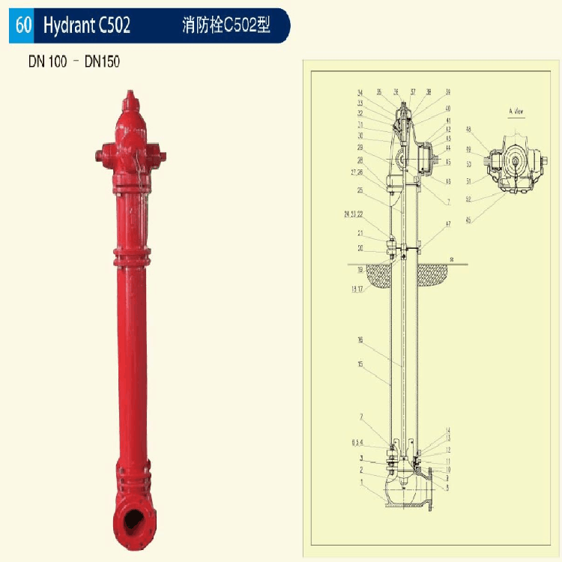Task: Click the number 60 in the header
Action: (23, 25)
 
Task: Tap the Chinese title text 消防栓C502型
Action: (226, 25)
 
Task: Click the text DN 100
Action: (47, 61)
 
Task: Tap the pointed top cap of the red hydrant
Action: (130, 98)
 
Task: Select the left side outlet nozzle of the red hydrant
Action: (101, 156)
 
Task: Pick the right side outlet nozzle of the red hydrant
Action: (160, 156)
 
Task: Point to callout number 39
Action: (448, 92)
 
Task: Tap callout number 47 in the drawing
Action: (447, 224)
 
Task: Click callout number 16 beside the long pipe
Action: (360, 339)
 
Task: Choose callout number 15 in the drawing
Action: (360, 364)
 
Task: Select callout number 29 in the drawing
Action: (360, 148)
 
